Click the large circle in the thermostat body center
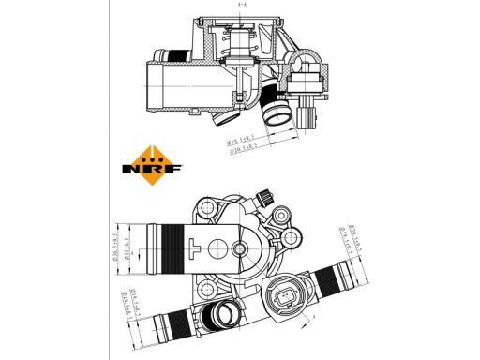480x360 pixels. point(217,248)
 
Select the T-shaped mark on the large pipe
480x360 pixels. point(193,248)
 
